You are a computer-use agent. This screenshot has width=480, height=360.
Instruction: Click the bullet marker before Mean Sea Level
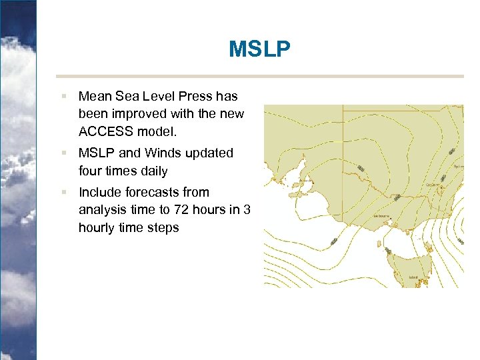pyautogui.click(x=64, y=97)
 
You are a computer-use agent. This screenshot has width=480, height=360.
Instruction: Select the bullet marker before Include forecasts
pyautogui.click(x=64, y=192)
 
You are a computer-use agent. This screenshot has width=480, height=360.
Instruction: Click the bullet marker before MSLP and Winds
pyautogui.click(x=64, y=153)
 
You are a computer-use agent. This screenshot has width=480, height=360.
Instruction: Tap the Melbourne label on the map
pyautogui.click(x=382, y=217)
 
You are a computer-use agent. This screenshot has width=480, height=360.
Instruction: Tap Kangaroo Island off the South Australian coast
pyautogui.click(x=298, y=194)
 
